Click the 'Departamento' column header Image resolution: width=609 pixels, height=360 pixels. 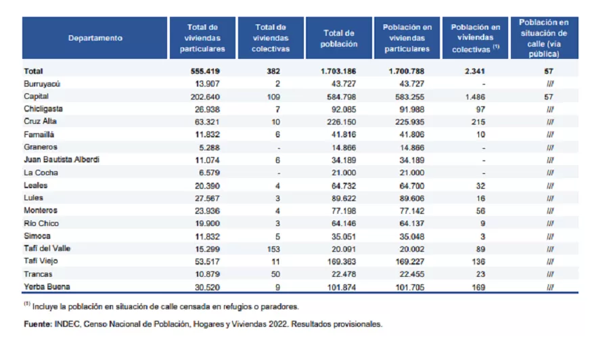tap(95, 38)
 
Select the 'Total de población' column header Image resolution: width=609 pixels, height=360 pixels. tap(339, 38)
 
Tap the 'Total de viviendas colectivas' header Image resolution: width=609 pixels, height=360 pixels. tap(271, 38)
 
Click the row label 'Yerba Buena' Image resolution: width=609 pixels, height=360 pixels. tap(43, 287)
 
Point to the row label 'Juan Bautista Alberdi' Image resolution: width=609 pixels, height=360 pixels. tap(62, 160)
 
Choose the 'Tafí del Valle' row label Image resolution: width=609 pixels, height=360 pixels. tap(47, 248)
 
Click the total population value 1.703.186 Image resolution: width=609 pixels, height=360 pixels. tap(338, 71)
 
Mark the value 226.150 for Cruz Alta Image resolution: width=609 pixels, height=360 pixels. tap(339, 122)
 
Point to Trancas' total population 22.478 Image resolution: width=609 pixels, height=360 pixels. tap(340, 274)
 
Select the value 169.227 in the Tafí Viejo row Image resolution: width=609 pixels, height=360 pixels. tap(407, 261)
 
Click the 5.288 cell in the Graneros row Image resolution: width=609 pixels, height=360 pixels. tap(208, 147)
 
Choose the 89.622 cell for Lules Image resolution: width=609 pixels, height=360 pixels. tap(340, 198)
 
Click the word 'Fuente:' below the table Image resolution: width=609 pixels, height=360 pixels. tap(38, 324)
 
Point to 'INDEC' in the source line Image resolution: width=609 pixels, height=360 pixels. tap(66, 324)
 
